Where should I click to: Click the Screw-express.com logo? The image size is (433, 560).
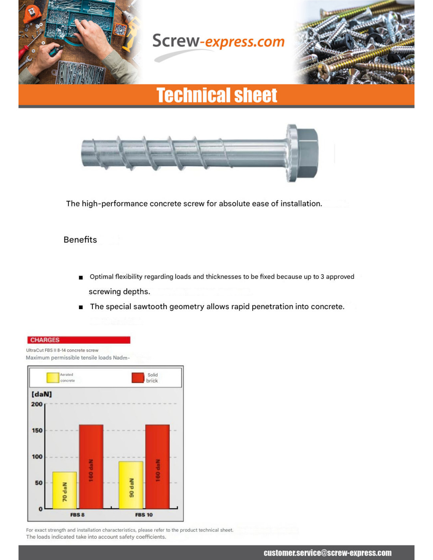coord(218,42)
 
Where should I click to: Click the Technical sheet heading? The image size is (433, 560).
coord(217,95)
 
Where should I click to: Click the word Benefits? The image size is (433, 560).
coord(80,240)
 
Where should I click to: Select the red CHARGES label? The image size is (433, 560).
coord(78,340)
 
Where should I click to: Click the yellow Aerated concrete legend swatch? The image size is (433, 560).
coord(53,378)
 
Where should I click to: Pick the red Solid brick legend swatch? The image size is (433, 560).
coord(138,378)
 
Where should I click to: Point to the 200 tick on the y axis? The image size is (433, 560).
coord(37,404)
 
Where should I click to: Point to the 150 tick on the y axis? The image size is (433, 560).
coord(37,430)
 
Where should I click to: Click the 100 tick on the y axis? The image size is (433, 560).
coord(37,457)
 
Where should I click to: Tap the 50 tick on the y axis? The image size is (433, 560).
coord(39,483)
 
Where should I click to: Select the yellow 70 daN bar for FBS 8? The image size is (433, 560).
coord(65,490)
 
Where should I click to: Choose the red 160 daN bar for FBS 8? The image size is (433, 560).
coord(91,467)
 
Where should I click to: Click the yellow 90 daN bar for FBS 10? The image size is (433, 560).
coord(131,485)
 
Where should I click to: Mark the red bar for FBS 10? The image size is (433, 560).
coord(157,467)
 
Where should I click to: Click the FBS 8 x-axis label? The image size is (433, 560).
coord(77,515)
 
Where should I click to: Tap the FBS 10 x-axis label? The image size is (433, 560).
coord(144,515)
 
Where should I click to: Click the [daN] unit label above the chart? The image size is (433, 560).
coord(42,394)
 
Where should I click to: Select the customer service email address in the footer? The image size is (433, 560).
coord(328,553)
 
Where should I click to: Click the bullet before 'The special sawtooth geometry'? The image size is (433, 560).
coord(81,307)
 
